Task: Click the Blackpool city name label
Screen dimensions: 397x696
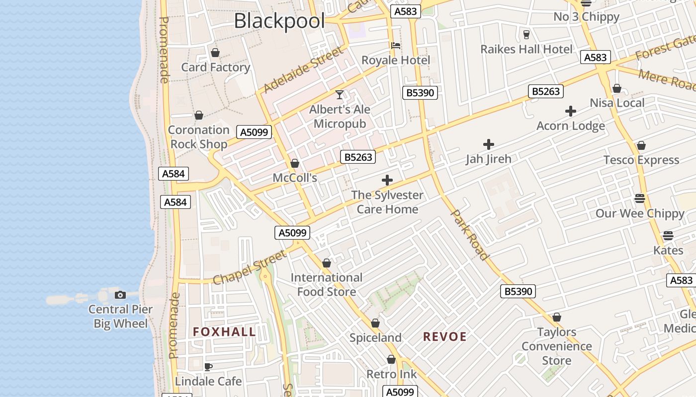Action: click(279, 21)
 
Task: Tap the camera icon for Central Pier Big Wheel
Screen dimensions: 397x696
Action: click(120, 295)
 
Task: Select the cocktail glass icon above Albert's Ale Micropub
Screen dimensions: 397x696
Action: click(340, 94)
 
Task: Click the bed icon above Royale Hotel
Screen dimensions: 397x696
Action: click(396, 46)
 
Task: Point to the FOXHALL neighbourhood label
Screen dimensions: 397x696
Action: click(224, 332)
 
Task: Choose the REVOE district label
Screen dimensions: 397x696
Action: click(444, 337)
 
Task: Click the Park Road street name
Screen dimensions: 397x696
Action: click(469, 235)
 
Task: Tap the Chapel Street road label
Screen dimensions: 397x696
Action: click(250, 267)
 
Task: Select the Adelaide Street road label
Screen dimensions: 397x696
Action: click(303, 69)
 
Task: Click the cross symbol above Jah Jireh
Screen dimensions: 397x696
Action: click(489, 144)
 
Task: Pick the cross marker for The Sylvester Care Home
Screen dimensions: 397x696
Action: click(387, 180)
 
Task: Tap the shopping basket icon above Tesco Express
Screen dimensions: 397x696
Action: click(641, 146)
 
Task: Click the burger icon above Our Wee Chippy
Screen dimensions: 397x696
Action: click(640, 198)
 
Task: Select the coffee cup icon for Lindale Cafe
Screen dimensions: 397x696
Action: click(208, 367)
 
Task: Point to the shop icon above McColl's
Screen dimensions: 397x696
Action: click(295, 163)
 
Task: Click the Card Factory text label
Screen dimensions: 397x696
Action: click(215, 67)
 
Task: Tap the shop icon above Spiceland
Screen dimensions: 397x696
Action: click(375, 323)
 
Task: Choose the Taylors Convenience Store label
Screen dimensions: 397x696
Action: click(556, 346)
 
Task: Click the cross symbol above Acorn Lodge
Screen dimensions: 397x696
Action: click(571, 111)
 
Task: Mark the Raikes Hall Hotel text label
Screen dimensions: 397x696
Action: click(526, 49)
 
